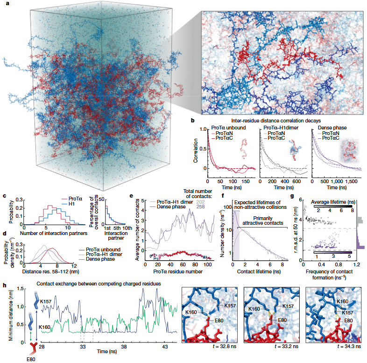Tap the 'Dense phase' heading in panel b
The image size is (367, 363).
point(331,127)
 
